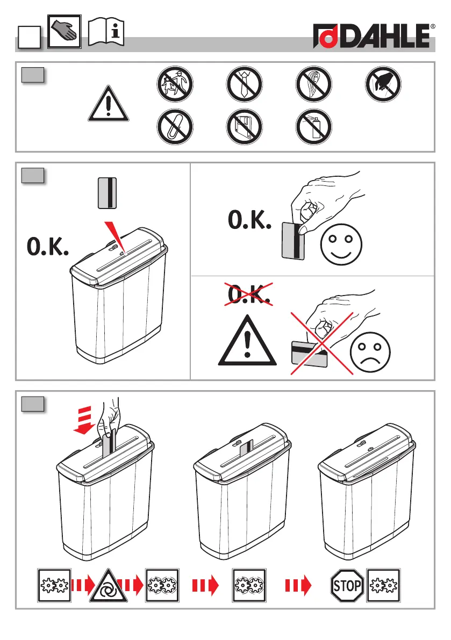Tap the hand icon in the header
pos(65,31)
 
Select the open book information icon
pos(106,31)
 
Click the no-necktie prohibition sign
pos(244,84)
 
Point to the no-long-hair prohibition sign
pos(313,84)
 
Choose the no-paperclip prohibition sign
pos(175,126)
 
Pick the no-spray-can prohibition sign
pos(313,126)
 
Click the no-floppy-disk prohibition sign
pos(244,126)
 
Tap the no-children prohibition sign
pos(175,84)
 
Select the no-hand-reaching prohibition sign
pos(383,84)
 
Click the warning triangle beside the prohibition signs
pos(108,104)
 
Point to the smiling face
pos(341,244)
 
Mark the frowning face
pos(370,352)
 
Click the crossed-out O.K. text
pos(249,294)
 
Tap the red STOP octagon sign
pos(347,586)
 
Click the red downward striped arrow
pos(84,420)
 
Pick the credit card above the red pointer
pos(108,193)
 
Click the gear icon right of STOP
pos(383,585)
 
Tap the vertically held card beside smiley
pos(293,241)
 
